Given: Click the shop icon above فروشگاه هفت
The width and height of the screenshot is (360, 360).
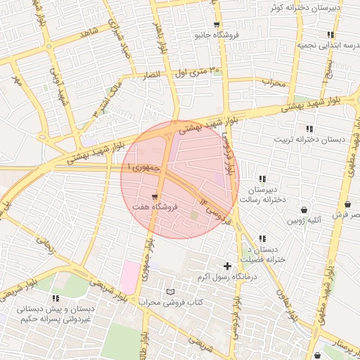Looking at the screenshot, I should tap(154, 196).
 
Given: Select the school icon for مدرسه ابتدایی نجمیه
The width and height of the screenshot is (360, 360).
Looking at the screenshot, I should tap(330, 34).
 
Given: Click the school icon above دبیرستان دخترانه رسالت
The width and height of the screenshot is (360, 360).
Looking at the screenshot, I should tap(262, 179).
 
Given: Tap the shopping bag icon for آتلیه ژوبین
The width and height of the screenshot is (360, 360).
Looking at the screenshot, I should tap(304, 210).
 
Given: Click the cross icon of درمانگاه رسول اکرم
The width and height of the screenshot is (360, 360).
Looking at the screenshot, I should tap(226, 266).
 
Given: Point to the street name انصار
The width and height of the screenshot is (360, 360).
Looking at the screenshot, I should tap(152, 74).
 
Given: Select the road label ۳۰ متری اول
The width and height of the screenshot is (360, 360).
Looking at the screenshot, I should tap(194, 71).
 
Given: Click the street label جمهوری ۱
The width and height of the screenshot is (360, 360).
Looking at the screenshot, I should tap(145, 168).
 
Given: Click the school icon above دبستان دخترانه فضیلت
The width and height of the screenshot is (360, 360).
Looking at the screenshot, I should tap(262, 239).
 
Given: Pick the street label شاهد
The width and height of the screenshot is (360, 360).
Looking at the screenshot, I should tap(89, 32).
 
